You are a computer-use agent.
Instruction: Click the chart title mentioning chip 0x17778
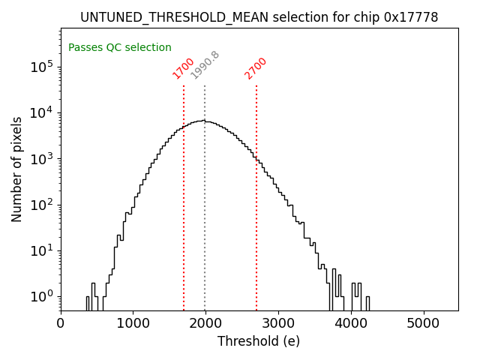[259, 16]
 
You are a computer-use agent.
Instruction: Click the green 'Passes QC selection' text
[120, 47]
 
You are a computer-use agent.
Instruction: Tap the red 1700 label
[184, 67]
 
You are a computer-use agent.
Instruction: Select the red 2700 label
[256, 67]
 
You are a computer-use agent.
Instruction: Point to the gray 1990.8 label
[205, 65]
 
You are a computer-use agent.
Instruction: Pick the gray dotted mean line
[205, 225]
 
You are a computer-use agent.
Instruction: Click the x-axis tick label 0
[61, 323]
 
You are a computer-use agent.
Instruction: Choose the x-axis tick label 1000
[133, 323]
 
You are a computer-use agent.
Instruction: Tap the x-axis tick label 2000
[205, 323]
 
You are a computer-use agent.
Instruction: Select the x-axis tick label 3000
[278, 323]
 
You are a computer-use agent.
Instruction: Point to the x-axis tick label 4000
[351, 323]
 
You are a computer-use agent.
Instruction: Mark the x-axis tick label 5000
[424, 323]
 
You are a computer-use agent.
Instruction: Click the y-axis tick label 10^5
[42, 67]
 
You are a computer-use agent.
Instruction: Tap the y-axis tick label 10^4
[42, 112]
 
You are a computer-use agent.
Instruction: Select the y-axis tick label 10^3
[42, 159]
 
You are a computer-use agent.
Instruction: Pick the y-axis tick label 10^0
[42, 297]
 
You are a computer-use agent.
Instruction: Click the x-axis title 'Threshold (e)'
[259, 341]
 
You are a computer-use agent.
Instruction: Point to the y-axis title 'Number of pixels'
[17, 169]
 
